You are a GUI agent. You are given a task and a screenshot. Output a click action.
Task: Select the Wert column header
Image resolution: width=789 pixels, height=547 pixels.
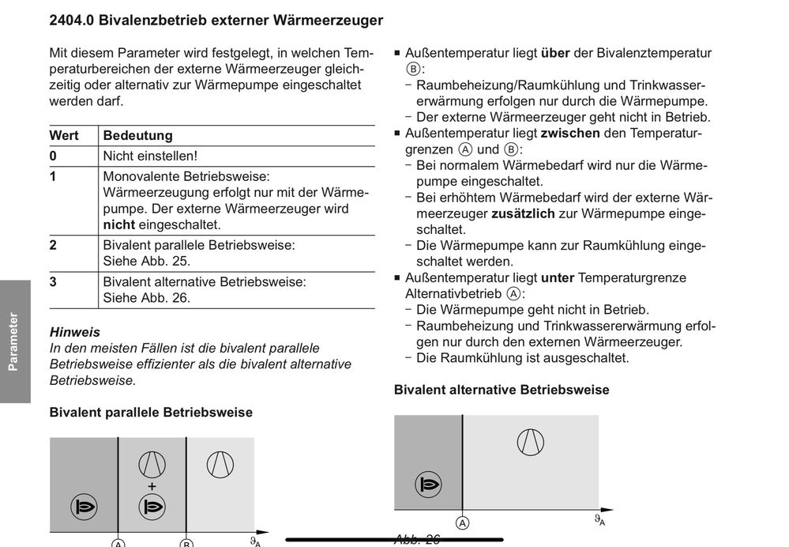(x=64, y=135)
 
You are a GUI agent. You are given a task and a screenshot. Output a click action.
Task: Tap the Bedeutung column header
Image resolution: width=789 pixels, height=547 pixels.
(x=137, y=135)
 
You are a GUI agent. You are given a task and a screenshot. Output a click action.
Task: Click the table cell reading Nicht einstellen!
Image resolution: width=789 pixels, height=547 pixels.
(x=150, y=157)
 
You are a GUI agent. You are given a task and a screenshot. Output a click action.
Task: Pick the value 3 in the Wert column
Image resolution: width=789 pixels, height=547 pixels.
(x=53, y=281)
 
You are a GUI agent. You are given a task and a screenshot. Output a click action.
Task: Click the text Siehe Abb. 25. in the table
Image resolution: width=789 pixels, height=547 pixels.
(x=147, y=261)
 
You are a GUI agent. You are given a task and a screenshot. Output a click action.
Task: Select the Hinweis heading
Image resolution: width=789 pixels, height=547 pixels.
(x=74, y=332)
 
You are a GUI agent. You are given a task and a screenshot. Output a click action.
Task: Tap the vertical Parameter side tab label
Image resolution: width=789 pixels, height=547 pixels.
(x=13, y=341)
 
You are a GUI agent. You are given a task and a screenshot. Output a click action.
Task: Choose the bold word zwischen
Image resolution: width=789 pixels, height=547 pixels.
(x=570, y=134)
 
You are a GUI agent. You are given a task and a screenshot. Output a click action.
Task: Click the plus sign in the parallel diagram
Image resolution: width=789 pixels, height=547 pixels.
(x=152, y=485)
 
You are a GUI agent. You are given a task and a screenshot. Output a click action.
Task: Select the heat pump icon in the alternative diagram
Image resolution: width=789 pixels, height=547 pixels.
(x=530, y=440)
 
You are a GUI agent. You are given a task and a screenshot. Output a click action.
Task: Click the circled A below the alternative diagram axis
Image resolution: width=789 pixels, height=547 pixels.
(x=462, y=522)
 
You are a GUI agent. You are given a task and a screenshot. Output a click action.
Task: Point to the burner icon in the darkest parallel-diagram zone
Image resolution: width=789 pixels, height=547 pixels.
(x=84, y=506)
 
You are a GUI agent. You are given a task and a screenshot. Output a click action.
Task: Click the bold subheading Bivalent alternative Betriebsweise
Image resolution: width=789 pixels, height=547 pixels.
(x=502, y=390)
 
